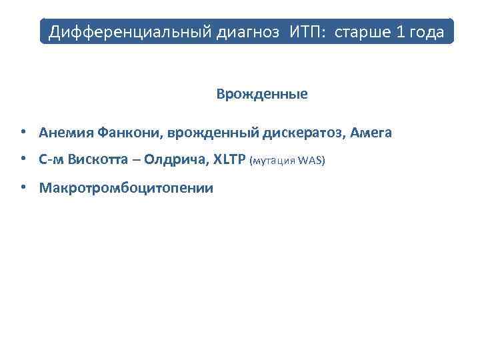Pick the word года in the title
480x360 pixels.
pos(429,32)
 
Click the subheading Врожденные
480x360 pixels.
pos(262,94)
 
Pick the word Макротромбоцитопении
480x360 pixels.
pos(126,188)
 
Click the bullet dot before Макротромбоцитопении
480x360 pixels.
pos(23,187)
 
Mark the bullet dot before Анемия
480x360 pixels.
pos(23,132)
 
